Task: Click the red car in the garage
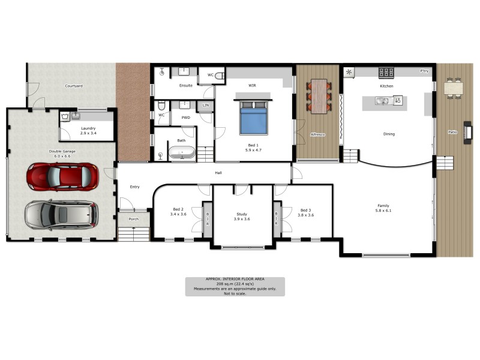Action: [x=62, y=176]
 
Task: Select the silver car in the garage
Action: [x=61, y=214]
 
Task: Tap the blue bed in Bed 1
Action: [x=253, y=118]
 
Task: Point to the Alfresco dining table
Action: [x=318, y=96]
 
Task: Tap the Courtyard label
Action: [x=74, y=86]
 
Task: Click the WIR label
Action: [x=253, y=86]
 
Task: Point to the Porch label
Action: [x=133, y=218]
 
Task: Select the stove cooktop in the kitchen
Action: [x=386, y=73]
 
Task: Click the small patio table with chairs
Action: [x=454, y=88]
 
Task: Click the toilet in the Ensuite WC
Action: [x=219, y=76]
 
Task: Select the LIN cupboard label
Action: [x=206, y=106]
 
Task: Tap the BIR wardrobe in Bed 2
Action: [x=208, y=222]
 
